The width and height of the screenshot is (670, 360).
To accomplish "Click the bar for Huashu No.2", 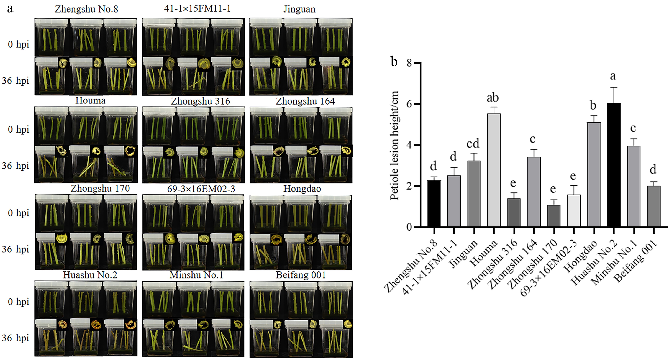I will tap(614, 165).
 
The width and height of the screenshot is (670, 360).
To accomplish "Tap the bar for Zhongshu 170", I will tap(554, 216).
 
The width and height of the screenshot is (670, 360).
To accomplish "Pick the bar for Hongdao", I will tap(594, 175).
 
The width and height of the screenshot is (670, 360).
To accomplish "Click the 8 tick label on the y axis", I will tap(409, 63).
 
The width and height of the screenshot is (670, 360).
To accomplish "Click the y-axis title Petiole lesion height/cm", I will tap(394, 146).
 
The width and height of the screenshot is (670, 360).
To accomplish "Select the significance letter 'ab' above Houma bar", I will tap(493, 98).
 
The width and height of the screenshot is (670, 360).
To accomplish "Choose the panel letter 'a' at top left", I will tap(10, 9).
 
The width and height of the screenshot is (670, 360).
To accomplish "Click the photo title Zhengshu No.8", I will tap(86, 9).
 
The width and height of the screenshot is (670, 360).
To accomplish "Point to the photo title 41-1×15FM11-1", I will tap(197, 9).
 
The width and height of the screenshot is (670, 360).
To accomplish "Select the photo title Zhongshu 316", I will tap(200, 101).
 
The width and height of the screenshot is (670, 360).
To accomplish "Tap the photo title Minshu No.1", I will tap(196, 275).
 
